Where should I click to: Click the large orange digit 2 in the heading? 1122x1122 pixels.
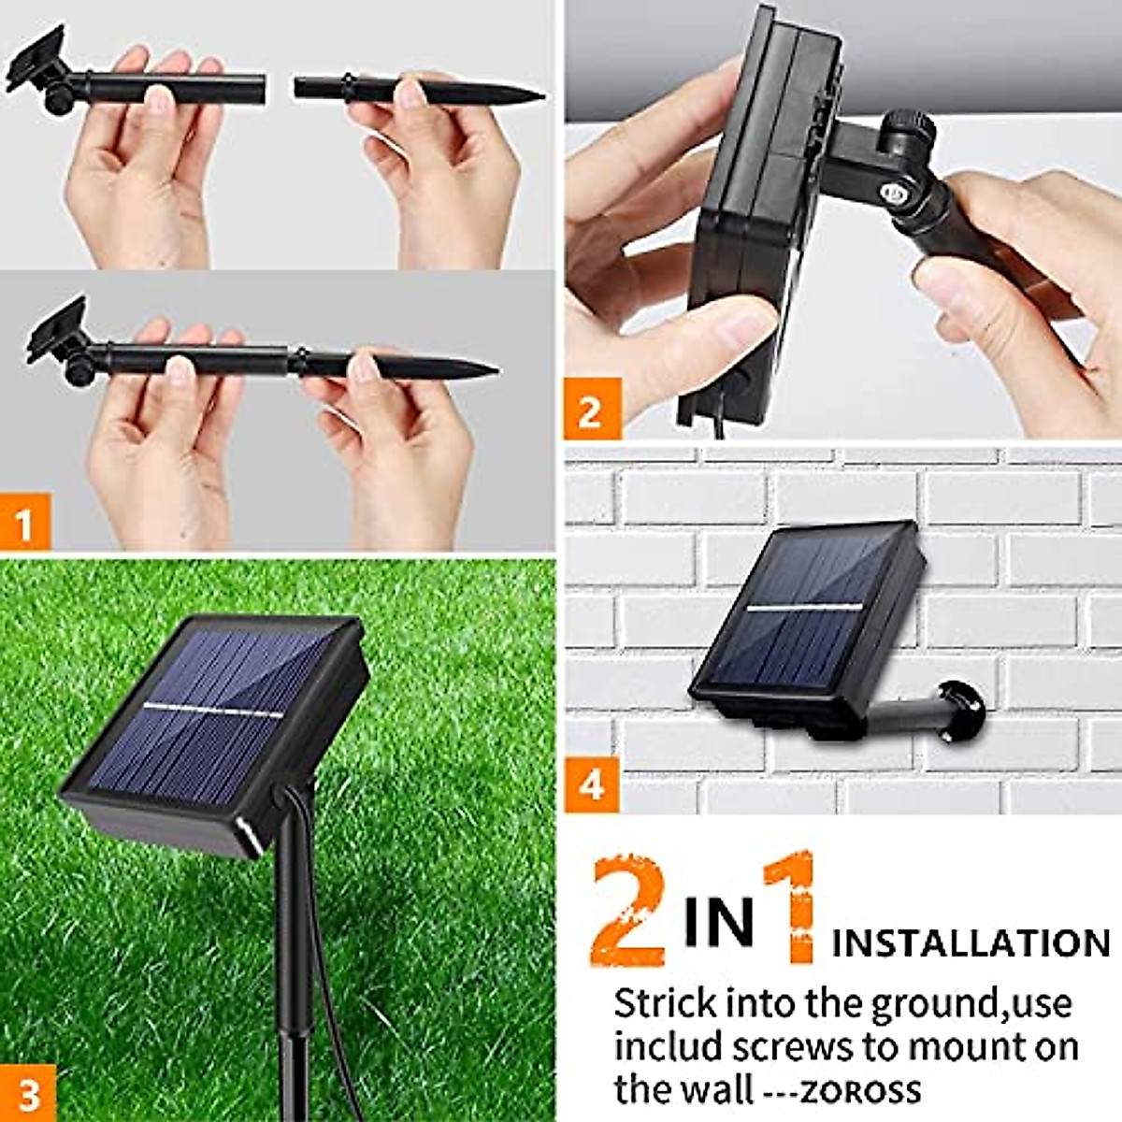629,912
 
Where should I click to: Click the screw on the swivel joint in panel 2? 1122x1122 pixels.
892,194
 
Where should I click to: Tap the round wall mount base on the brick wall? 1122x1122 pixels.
964,709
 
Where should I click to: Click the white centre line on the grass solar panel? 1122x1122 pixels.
213,709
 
